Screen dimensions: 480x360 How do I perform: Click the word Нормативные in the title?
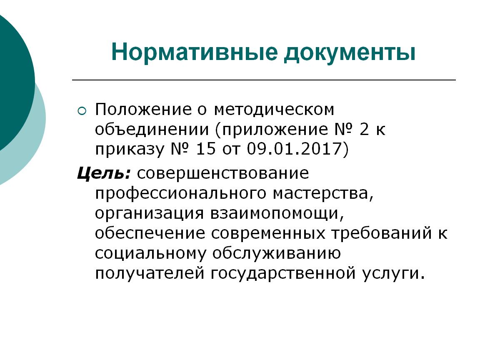coord(195,52)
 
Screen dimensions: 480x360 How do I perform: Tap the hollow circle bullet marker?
coord(82,111)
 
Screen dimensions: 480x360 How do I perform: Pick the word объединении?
coord(152,130)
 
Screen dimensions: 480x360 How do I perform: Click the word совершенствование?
coord(223,173)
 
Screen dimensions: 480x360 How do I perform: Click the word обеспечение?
coord(150,234)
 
